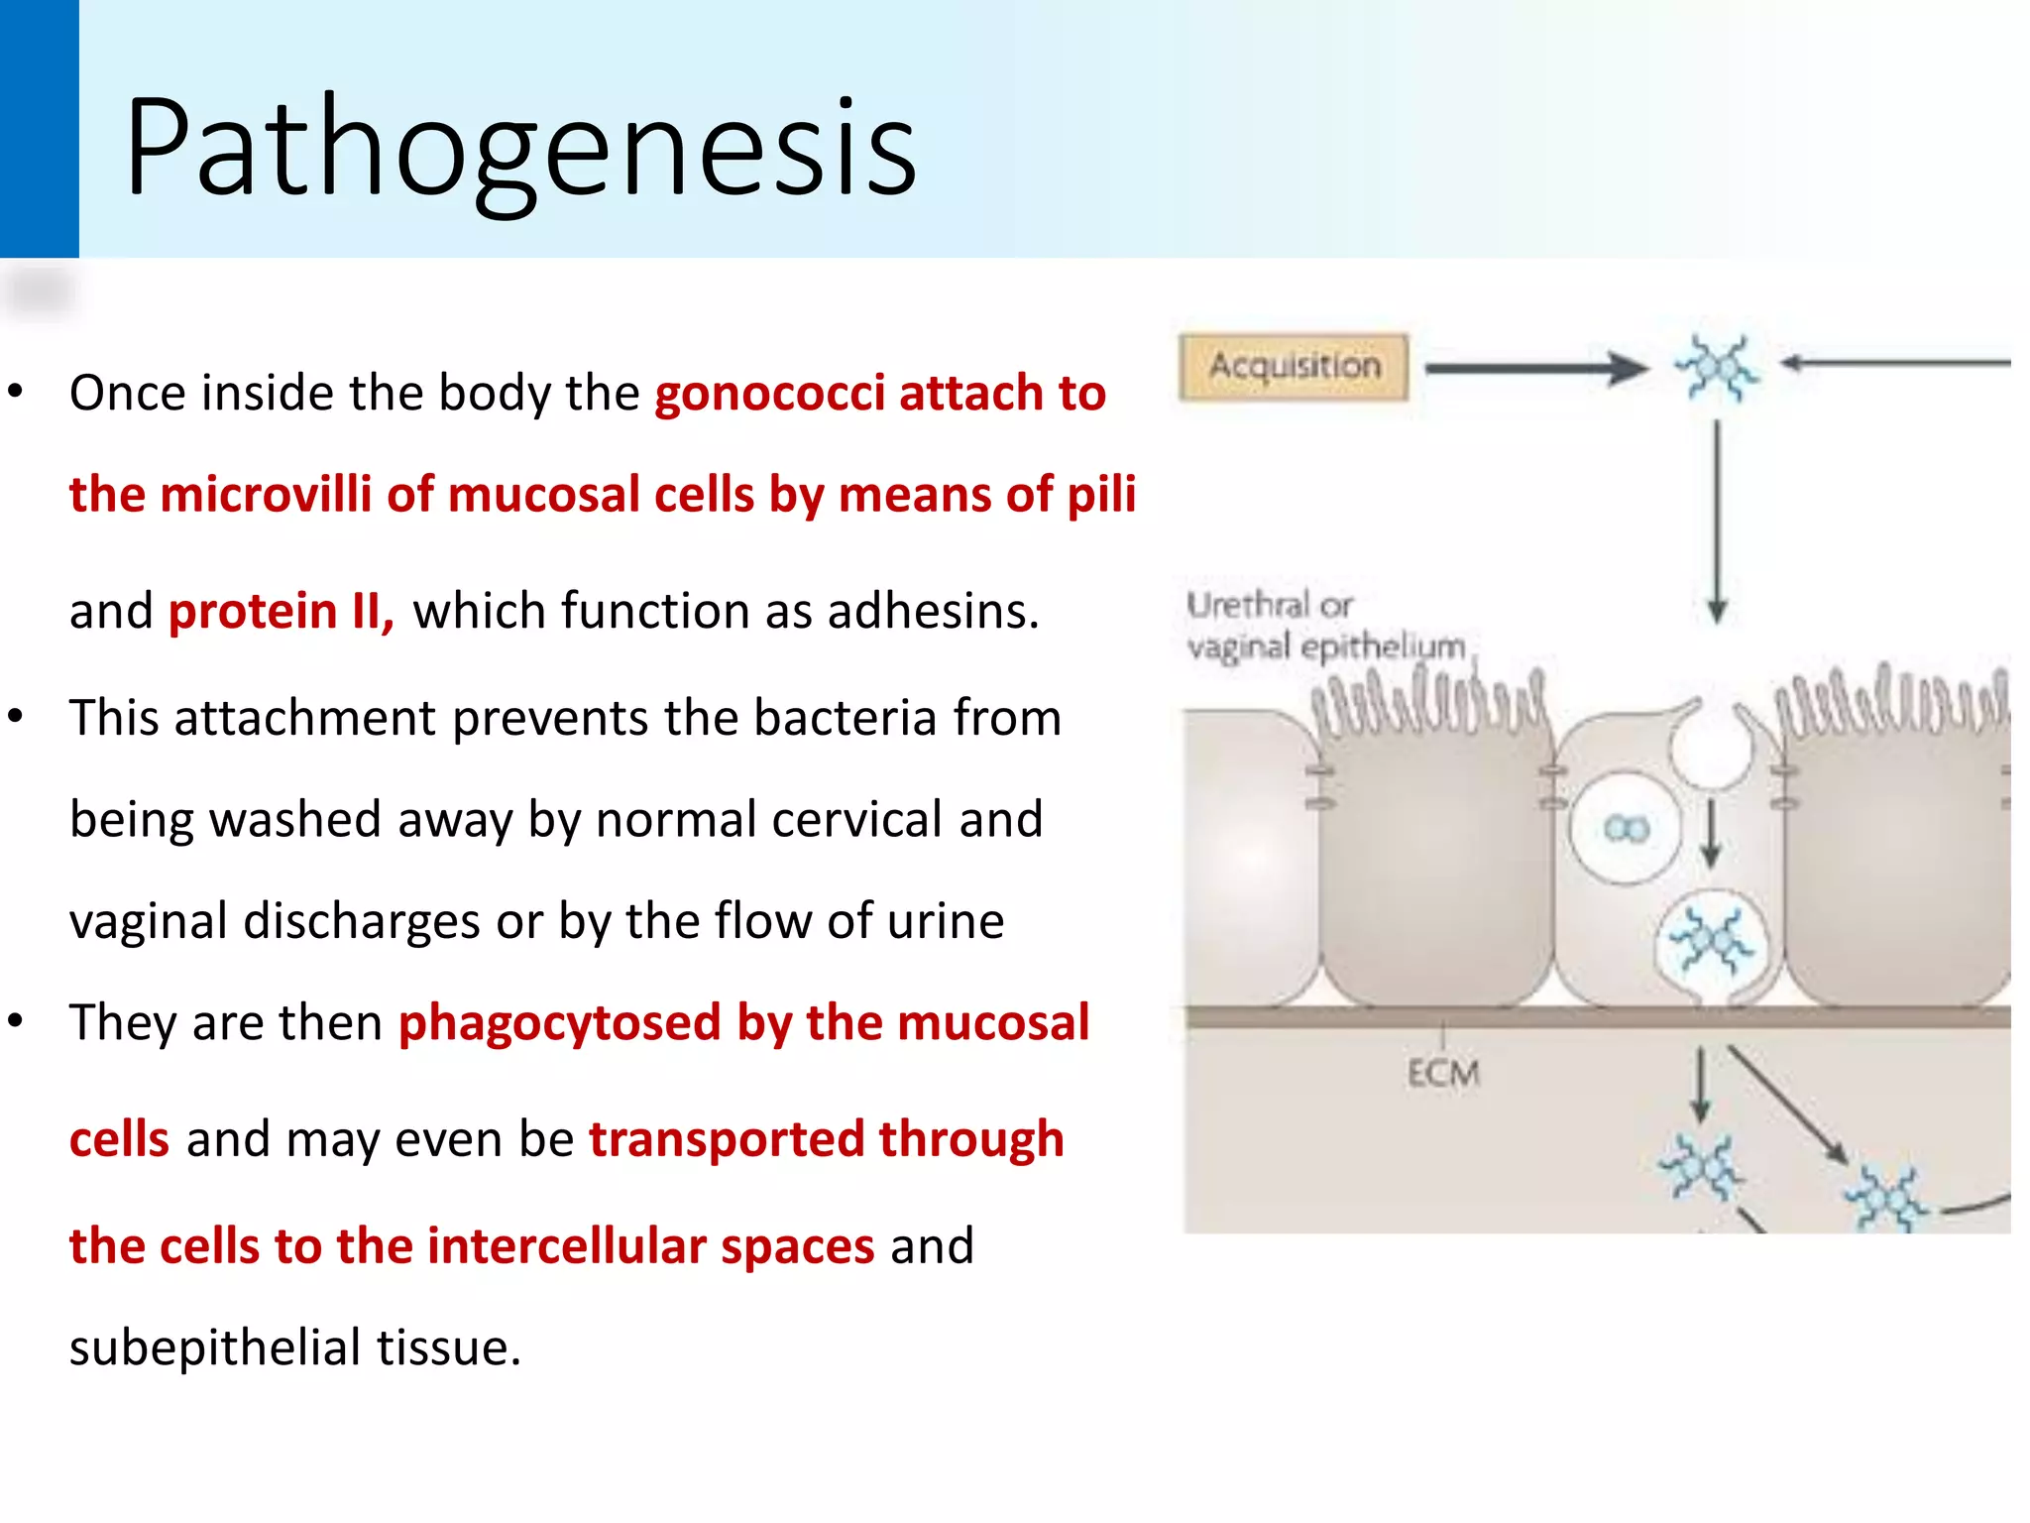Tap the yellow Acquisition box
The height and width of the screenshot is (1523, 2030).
coord(1294,367)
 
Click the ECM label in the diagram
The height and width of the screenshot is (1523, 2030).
coord(1442,1074)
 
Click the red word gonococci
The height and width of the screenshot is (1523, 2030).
coord(769,394)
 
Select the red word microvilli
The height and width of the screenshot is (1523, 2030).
coord(265,495)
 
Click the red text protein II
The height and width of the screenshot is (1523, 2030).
coord(281,611)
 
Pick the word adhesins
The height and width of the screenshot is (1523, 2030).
coord(932,611)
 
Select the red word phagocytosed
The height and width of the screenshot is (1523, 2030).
coord(559,1023)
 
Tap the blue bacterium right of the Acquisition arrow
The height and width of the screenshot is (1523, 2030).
coord(1717,368)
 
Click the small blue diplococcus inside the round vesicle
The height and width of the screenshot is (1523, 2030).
coord(1627,828)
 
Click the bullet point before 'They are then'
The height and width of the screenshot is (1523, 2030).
coord(15,1022)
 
